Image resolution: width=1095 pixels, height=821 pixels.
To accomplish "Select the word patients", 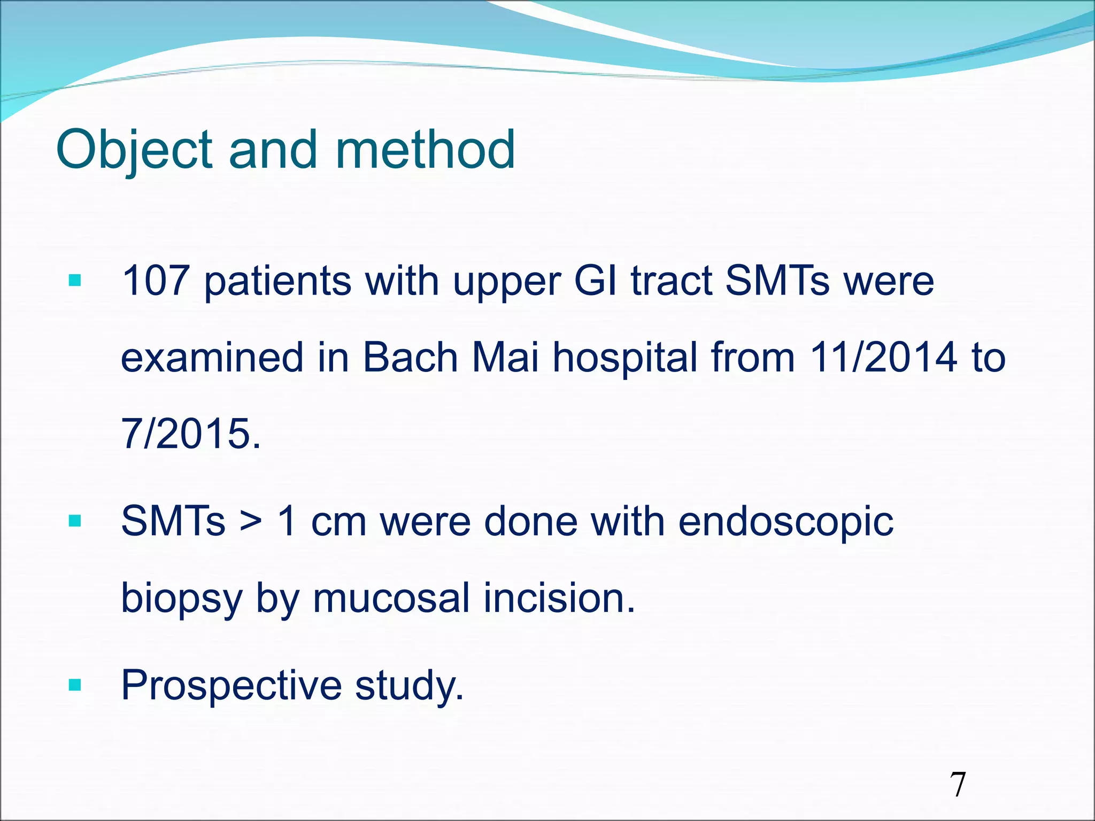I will [277, 282].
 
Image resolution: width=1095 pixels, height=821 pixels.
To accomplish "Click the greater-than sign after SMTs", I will [251, 522].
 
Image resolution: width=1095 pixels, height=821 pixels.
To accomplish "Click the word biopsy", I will [182, 599].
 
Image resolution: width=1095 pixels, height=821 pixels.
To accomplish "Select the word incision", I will [559, 598].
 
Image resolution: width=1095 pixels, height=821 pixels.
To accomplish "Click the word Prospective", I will [231, 686].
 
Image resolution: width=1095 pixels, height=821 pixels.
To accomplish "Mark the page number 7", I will [958, 785].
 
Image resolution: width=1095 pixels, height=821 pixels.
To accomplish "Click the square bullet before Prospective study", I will [75, 685].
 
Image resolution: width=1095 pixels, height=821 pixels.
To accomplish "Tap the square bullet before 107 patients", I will [75, 280].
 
